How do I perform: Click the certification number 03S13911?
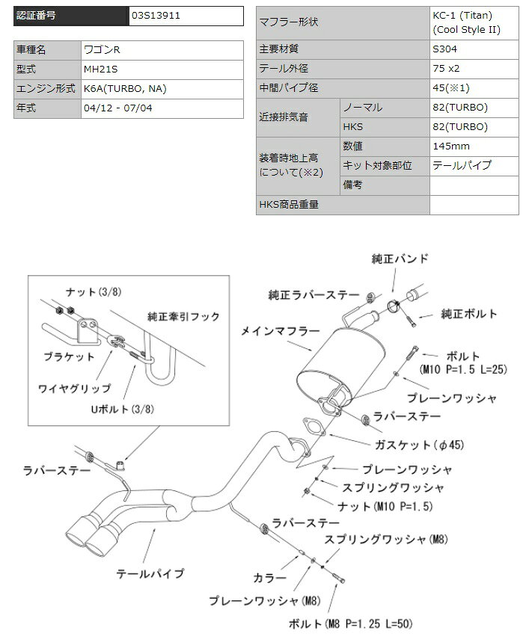point(156,16)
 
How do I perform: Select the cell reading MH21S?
point(100,70)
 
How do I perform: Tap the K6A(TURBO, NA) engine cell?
point(125,89)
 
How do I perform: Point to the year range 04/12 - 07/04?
point(117,108)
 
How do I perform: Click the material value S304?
point(444,49)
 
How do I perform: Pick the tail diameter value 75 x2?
point(446,68)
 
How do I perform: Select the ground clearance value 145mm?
point(451,146)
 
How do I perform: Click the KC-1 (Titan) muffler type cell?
point(474,22)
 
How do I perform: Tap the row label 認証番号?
point(36,16)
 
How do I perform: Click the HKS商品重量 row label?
point(289,204)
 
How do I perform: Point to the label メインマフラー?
point(280,331)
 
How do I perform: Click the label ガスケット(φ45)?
point(419,445)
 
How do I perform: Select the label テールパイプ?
point(150,573)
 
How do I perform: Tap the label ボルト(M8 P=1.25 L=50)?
point(350,623)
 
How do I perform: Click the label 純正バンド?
point(400,259)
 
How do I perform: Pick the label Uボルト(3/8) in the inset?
point(122,409)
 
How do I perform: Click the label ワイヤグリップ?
point(74,388)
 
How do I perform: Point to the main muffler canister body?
point(341,365)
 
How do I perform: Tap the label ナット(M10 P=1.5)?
point(385,506)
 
